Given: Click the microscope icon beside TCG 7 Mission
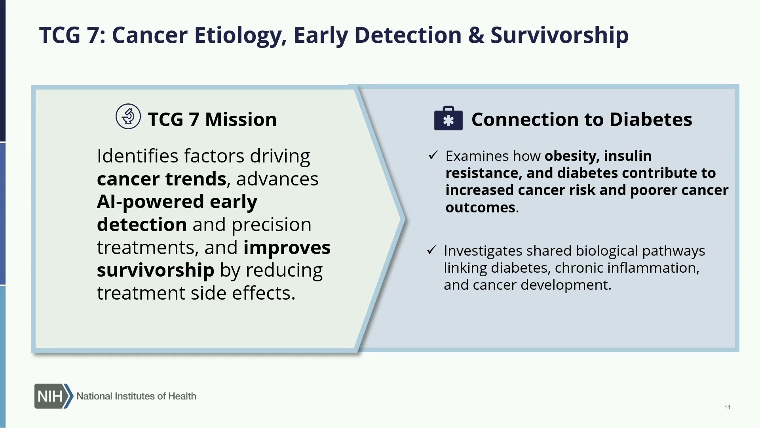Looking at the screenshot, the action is click(128, 117).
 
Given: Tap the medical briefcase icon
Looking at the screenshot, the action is click(448, 118).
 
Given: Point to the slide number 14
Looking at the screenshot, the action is click(728, 407).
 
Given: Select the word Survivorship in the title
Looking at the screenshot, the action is click(559, 36).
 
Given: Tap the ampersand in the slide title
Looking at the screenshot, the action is click(476, 35).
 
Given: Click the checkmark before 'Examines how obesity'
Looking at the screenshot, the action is click(433, 155).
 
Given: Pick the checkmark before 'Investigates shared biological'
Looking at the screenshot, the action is click(431, 250).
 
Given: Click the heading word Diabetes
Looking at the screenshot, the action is click(651, 119).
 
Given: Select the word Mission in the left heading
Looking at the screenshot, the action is click(241, 119).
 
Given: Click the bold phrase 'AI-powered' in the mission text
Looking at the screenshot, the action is click(150, 202).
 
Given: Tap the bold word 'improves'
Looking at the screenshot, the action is click(287, 248).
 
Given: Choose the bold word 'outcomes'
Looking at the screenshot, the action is click(481, 207).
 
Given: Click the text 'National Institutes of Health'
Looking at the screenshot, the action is click(136, 396).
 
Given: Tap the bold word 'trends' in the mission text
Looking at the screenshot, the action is click(196, 179).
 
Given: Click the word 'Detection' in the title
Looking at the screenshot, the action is click(408, 35).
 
